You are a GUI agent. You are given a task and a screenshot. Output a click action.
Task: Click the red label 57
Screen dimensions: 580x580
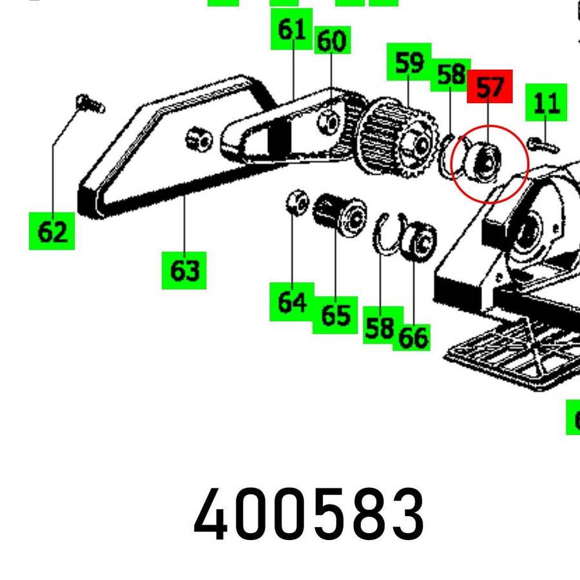coord(489,86)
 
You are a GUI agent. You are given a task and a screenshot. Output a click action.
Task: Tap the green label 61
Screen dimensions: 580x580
coord(291,29)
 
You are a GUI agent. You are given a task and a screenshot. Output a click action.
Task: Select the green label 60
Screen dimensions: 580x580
coord(331,41)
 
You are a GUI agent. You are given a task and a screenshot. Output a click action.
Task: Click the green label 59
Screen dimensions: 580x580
coord(409,63)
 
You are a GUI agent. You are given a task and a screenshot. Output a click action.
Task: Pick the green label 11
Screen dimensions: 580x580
coord(546,102)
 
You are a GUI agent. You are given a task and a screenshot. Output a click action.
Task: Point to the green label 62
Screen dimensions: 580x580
coord(52,231)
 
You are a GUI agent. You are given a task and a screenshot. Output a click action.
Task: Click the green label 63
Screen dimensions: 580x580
coord(184,271)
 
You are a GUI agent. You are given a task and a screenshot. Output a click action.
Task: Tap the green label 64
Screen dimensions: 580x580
coord(291,302)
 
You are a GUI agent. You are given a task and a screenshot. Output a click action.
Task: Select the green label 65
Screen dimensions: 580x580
coord(335,315)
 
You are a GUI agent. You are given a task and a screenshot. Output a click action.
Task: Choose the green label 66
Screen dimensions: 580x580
coord(412,336)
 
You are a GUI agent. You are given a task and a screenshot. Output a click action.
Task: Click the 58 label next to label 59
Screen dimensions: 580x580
coord(450,75)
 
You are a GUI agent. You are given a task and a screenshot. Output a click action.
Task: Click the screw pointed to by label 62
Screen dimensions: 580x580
coord(91,103)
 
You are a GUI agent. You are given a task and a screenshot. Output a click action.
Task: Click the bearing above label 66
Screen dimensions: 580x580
coord(419,242)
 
